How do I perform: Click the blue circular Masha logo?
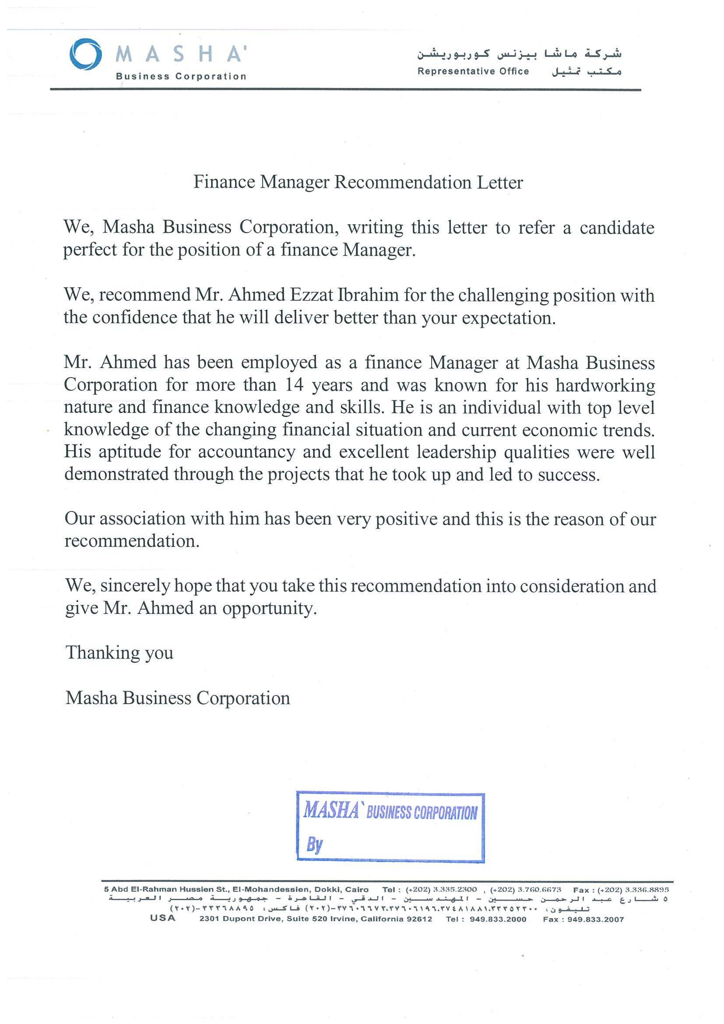(x=85, y=54)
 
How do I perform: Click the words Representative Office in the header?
(x=473, y=71)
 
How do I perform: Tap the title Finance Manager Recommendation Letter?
(x=358, y=182)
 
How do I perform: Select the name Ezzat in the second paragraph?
(x=311, y=295)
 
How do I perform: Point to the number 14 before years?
(x=294, y=385)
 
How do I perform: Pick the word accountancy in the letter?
(x=246, y=452)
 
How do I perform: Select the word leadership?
(x=456, y=452)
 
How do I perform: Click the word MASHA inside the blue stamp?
(x=331, y=810)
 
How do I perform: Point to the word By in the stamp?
(x=314, y=844)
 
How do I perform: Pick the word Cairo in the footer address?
(x=356, y=889)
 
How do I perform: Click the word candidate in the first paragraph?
(x=616, y=228)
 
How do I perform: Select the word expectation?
(x=508, y=318)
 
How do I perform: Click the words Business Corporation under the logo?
(x=181, y=76)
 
